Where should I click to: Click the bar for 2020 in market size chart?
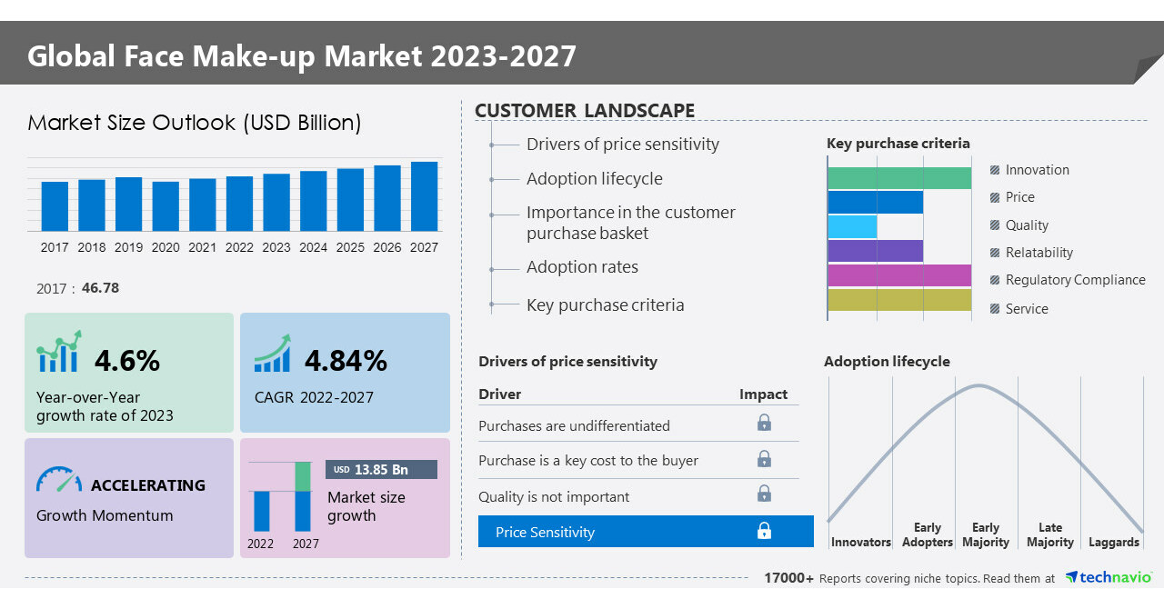point(166,206)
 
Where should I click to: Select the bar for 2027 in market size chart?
point(424,196)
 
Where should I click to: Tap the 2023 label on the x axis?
point(276,247)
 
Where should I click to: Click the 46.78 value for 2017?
point(100,288)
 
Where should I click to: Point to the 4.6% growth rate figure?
point(127,361)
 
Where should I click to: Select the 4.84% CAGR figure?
point(346,361)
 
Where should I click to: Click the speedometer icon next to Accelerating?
point(59,480)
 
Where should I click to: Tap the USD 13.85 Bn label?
point(381,470)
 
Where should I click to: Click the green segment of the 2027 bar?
point(303,476)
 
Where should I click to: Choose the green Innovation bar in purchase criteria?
point(899,178)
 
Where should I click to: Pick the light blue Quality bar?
point(852,226)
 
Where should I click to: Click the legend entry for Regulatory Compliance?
point(1075,280)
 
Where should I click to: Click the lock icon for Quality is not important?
point(765,494)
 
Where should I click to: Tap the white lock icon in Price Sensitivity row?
point(765,531)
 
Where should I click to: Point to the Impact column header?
point(763,394)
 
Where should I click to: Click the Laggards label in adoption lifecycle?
point(1113,543)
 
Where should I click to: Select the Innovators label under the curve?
point(860,543)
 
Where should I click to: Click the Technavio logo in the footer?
point(1109,578)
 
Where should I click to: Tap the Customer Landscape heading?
point(585,111)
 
